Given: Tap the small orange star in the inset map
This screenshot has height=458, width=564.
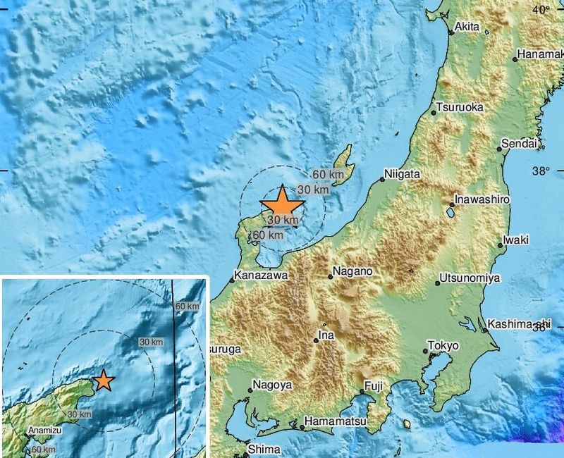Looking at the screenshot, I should click(x=104, y=380).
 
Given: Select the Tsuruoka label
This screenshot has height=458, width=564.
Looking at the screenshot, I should click(x=460, y=108).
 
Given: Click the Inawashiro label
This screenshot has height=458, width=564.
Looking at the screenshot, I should click(x=482, y=199).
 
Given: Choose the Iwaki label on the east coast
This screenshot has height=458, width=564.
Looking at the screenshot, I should click(x=517, y=240).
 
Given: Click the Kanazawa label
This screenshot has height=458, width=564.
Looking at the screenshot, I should click(x=261, y=276).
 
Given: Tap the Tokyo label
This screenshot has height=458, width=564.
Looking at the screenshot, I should click(x=445, y=346).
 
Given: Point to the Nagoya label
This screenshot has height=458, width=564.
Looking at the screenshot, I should click(x=271, y=385).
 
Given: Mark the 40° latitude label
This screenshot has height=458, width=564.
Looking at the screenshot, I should click(x=541, y=10).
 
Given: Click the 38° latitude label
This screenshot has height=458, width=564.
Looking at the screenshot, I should click(x=541, y=171).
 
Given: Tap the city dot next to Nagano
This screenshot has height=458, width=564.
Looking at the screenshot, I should click(x=330, y=276).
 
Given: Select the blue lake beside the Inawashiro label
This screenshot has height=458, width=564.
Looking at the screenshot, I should click(x=450, y=211).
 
